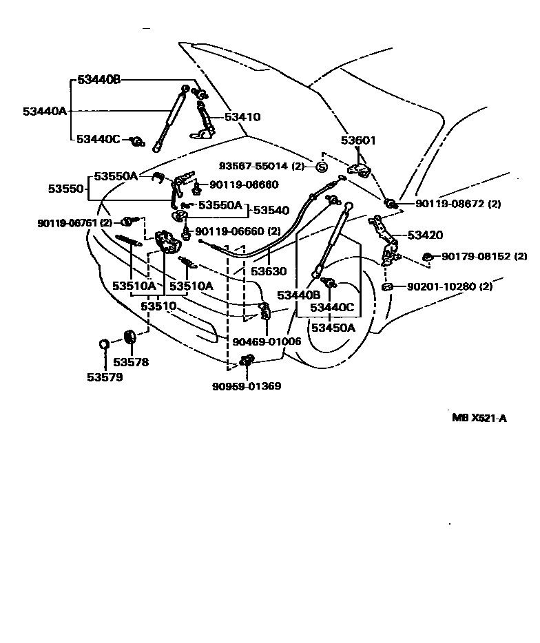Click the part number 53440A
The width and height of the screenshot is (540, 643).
44,110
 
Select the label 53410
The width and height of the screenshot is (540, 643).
242,117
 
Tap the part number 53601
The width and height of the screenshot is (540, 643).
358,141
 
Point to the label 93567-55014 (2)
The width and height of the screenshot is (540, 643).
262,167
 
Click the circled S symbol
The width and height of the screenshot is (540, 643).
321,167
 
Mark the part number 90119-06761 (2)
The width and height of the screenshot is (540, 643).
75,222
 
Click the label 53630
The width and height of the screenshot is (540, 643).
268,271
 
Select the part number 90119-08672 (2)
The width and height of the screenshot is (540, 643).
458,204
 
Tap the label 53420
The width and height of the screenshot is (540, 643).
426,235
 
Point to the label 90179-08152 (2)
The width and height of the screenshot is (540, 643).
484,256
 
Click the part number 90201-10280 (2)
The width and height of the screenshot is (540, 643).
450,286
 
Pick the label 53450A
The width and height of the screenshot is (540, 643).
333,328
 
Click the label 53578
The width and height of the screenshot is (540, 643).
130,362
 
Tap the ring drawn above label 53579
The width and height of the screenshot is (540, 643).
103,344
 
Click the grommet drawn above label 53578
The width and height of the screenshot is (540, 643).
129,338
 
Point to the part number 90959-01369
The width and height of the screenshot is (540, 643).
246,386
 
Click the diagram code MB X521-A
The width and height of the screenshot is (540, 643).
479,417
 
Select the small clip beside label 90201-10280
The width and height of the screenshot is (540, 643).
388,286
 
